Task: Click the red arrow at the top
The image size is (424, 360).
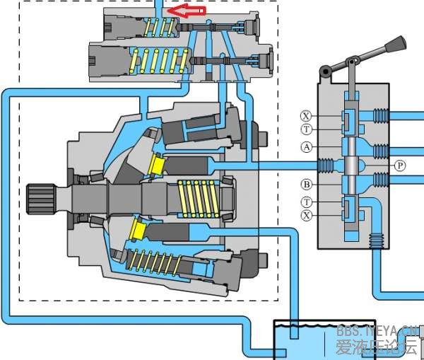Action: (190, 11)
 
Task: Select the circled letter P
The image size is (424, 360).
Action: (400, 165)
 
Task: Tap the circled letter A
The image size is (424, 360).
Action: (306, 147)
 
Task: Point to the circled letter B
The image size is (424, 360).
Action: (306, 185)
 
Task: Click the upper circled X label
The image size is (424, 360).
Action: (306, 116)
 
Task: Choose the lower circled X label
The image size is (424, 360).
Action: (306, 214)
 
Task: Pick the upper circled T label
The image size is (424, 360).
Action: (306, 129)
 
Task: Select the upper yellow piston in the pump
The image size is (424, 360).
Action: (157, 166)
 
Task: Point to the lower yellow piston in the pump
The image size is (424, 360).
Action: (139, 229)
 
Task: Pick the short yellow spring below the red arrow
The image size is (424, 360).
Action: (159, 28)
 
